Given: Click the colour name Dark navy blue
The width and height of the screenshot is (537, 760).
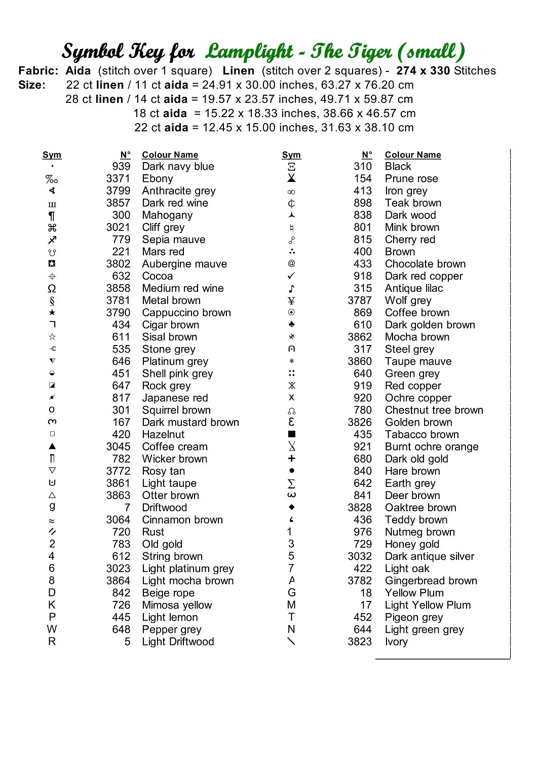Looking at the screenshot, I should pos(178,167).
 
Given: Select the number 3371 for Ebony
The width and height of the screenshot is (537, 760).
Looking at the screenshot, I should pos(118,179).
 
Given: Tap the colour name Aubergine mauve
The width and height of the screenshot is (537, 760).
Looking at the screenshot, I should pos(184,264).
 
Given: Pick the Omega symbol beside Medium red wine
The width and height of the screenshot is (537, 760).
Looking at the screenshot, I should pos(52,289).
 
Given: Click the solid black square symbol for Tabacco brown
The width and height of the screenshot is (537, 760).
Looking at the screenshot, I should pos(291,434).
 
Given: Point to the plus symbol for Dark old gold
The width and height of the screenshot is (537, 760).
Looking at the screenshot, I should pos(291,459).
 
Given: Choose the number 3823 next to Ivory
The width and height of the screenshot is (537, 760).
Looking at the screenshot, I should pos(360,642).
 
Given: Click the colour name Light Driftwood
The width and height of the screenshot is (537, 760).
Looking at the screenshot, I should pos(178,642).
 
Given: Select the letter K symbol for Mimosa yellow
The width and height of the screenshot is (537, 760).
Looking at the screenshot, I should pos(52,605).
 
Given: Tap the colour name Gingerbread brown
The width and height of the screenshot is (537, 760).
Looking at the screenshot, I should pos(431,581).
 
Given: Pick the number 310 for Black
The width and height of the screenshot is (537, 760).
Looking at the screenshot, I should pos(363,167).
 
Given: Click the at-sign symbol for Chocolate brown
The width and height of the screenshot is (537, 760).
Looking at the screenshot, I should pos(291,263).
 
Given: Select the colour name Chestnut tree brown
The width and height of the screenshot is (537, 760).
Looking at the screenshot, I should pos(434,410).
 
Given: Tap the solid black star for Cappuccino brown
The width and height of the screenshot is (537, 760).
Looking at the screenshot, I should pos(52,313).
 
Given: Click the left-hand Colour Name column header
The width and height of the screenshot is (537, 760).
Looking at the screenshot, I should pos(170,155).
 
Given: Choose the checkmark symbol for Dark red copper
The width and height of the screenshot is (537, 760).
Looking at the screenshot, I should pos(291,276).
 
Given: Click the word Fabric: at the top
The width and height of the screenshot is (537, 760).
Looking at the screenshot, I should pos(39,71).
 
